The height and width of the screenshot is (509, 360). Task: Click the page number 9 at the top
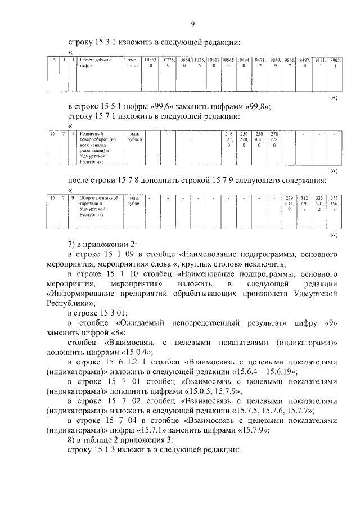(192, 24)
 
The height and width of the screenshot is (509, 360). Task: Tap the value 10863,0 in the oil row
(150, 62)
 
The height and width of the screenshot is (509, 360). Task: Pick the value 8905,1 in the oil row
(335, 62)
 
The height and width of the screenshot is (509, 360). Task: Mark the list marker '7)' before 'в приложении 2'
(71, 245)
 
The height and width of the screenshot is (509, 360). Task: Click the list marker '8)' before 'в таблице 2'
(71, 441)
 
